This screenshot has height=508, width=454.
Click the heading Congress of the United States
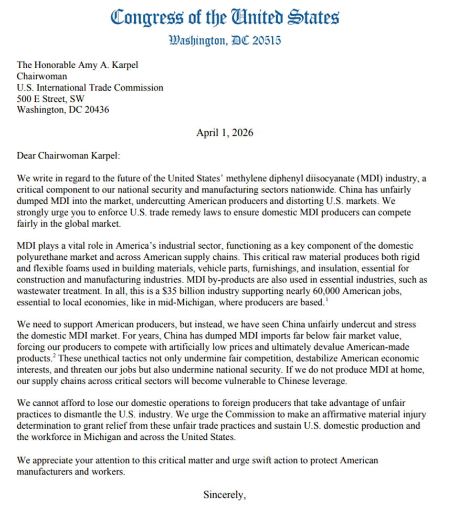pyautogui.click(x=225, y=17)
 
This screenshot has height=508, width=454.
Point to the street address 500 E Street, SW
pyautogui.click(x=50, y=99)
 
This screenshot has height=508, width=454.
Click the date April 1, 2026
pyautogui.click(x=225, y=133)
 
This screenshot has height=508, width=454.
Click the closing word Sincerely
pyautogui.click(x=224, y=494)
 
